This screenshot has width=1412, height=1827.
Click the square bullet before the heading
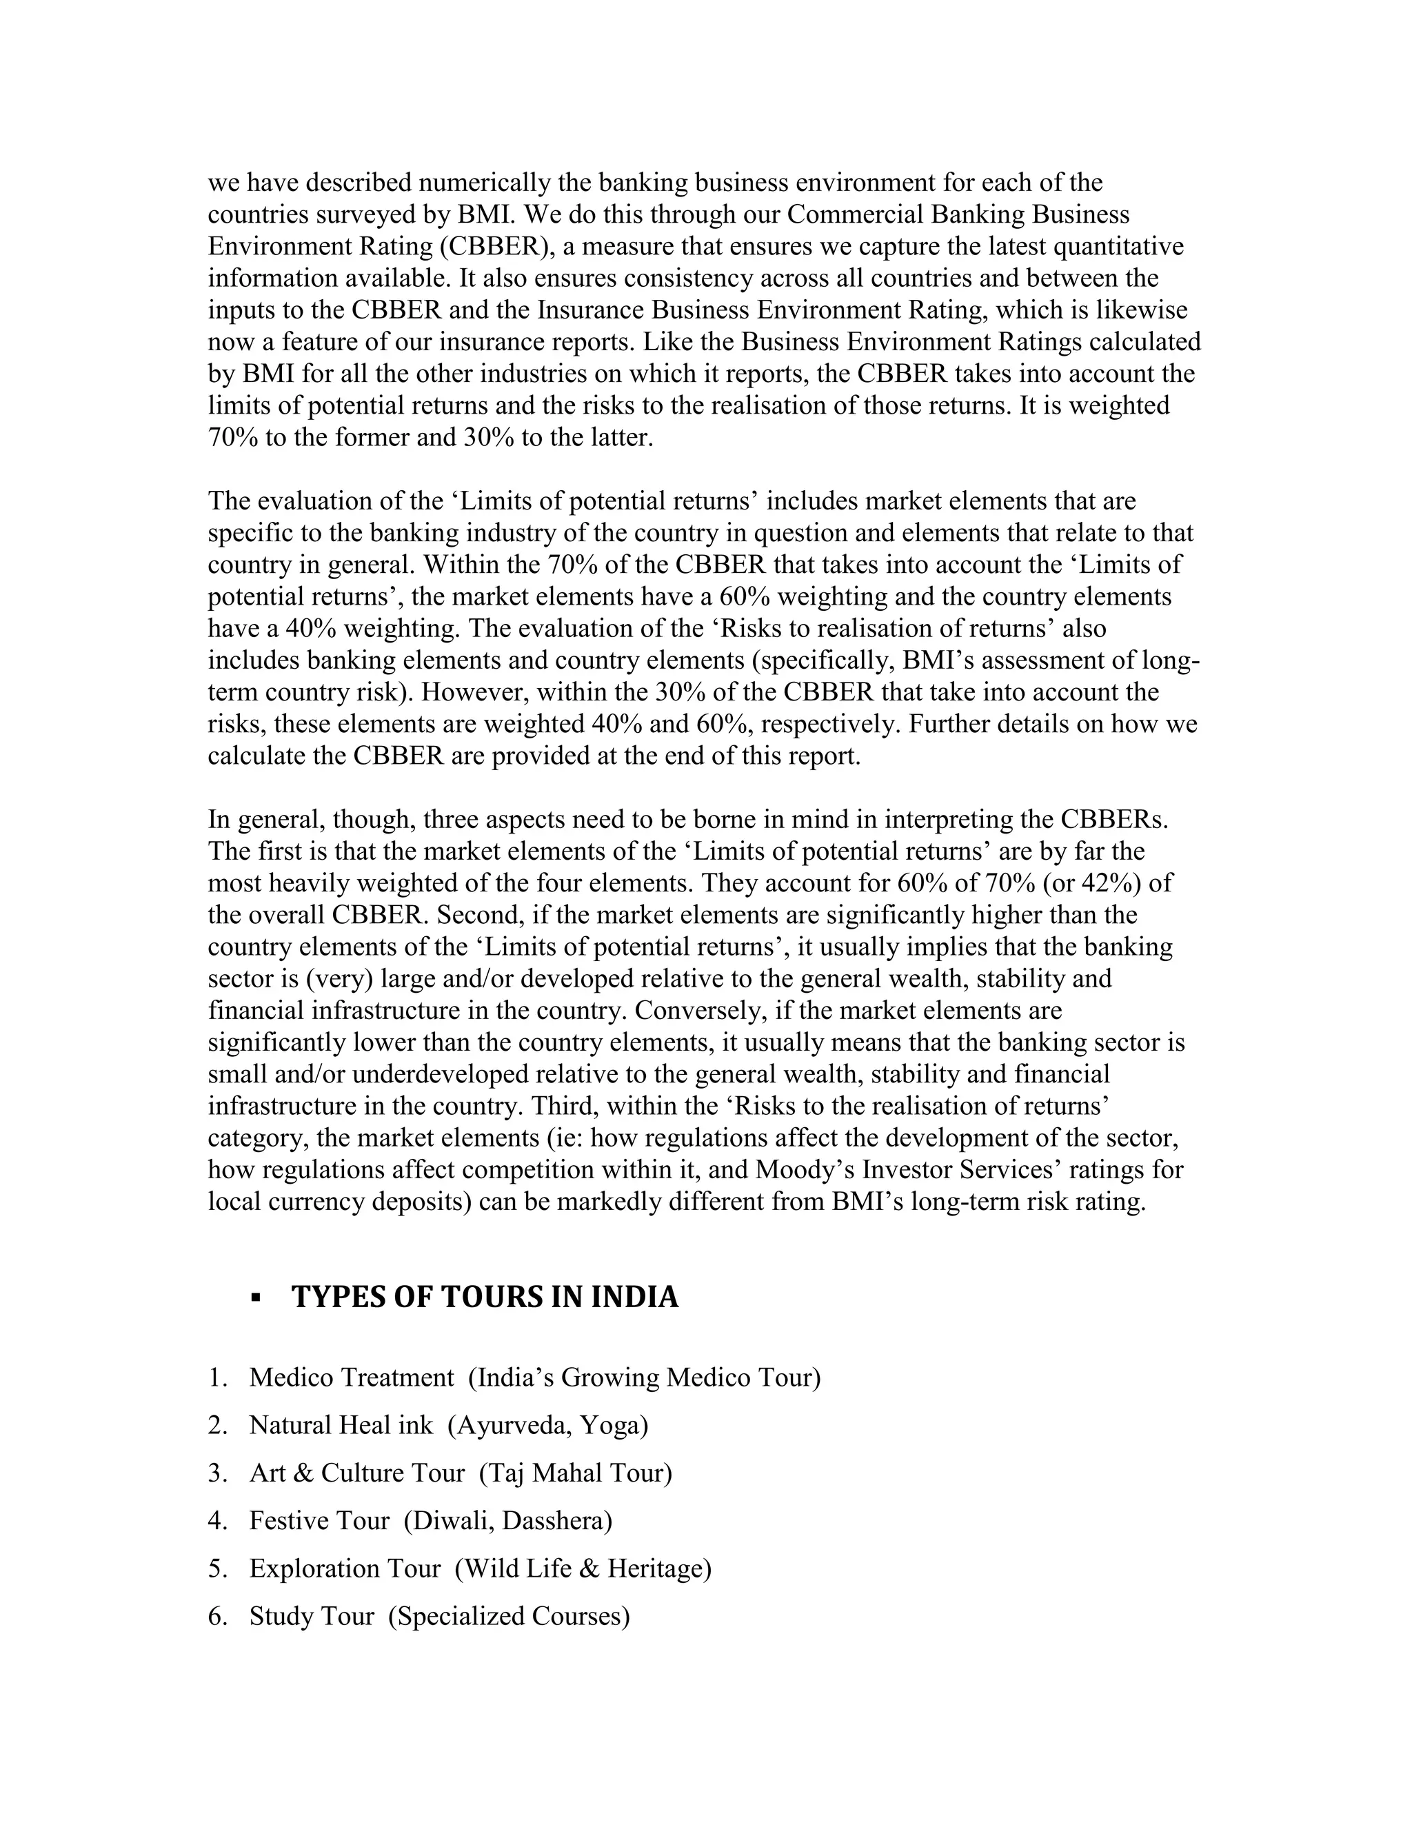click(x=256, y=1298)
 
